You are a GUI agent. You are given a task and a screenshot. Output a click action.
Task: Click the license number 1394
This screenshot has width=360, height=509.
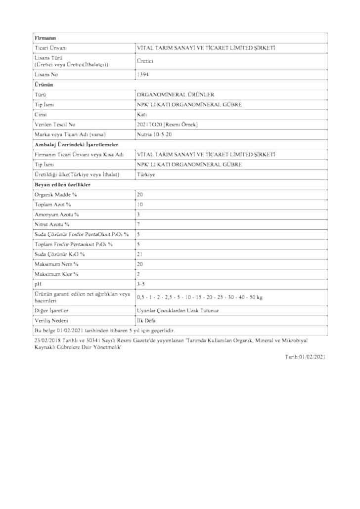tap(142, 75)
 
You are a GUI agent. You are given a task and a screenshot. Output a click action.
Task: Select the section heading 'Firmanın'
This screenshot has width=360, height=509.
tap(45, 38)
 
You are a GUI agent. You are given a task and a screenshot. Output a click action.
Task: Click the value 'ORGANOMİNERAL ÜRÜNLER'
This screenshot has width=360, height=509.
tap(169, 94)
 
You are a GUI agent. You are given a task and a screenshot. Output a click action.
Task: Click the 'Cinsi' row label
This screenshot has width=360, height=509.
tap(42, 115)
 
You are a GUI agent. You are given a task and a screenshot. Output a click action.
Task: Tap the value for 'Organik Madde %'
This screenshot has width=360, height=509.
tap(140, 195)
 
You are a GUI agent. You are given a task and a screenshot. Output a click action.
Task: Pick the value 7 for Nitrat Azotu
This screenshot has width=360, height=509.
tap(139, 224)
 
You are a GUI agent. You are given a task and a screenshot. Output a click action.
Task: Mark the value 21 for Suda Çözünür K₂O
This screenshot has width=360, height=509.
tap(140, 254)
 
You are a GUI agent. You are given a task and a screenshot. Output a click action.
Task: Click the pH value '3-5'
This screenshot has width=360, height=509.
tap(141, 285)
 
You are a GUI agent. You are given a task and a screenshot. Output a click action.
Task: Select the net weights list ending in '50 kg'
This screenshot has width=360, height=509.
tap(199, 297)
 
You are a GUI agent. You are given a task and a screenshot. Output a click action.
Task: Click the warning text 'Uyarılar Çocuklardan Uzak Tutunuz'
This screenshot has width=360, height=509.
tap(178, 310)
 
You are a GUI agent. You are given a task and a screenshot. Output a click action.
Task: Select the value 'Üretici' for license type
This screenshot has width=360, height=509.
tap(145, 61)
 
